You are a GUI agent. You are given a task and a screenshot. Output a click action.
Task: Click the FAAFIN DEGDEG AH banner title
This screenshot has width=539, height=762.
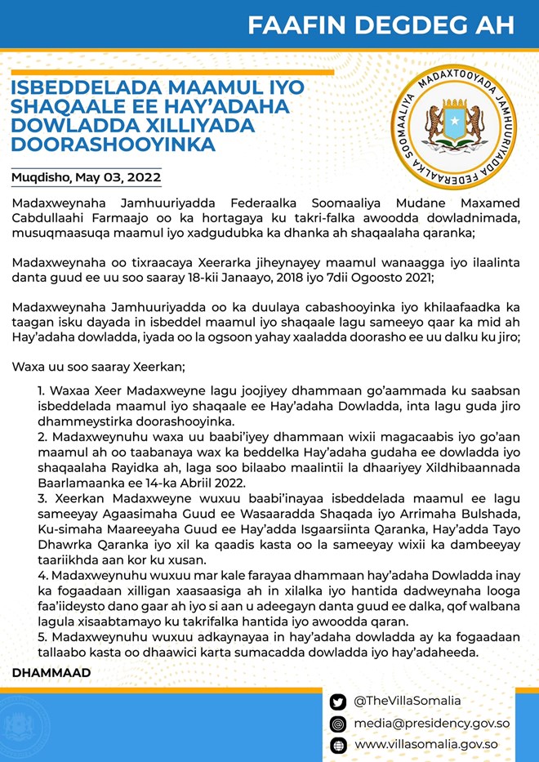(381, 25)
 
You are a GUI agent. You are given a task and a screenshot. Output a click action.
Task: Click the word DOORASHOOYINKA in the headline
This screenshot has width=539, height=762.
(114, 145)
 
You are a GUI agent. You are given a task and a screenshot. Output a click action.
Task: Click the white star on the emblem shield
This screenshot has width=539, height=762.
(452, 123)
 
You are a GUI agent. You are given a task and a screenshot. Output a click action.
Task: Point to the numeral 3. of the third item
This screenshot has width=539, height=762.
(42, 495)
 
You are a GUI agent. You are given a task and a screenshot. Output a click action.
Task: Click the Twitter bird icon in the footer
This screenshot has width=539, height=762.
(338, 702)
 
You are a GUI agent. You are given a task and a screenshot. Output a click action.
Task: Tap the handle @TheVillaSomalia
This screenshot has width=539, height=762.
(408, 702)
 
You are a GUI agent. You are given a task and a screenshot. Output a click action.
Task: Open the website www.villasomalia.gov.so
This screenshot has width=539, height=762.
(425, 745)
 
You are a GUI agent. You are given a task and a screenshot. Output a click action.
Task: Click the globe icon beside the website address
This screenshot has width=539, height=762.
(338, 745)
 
